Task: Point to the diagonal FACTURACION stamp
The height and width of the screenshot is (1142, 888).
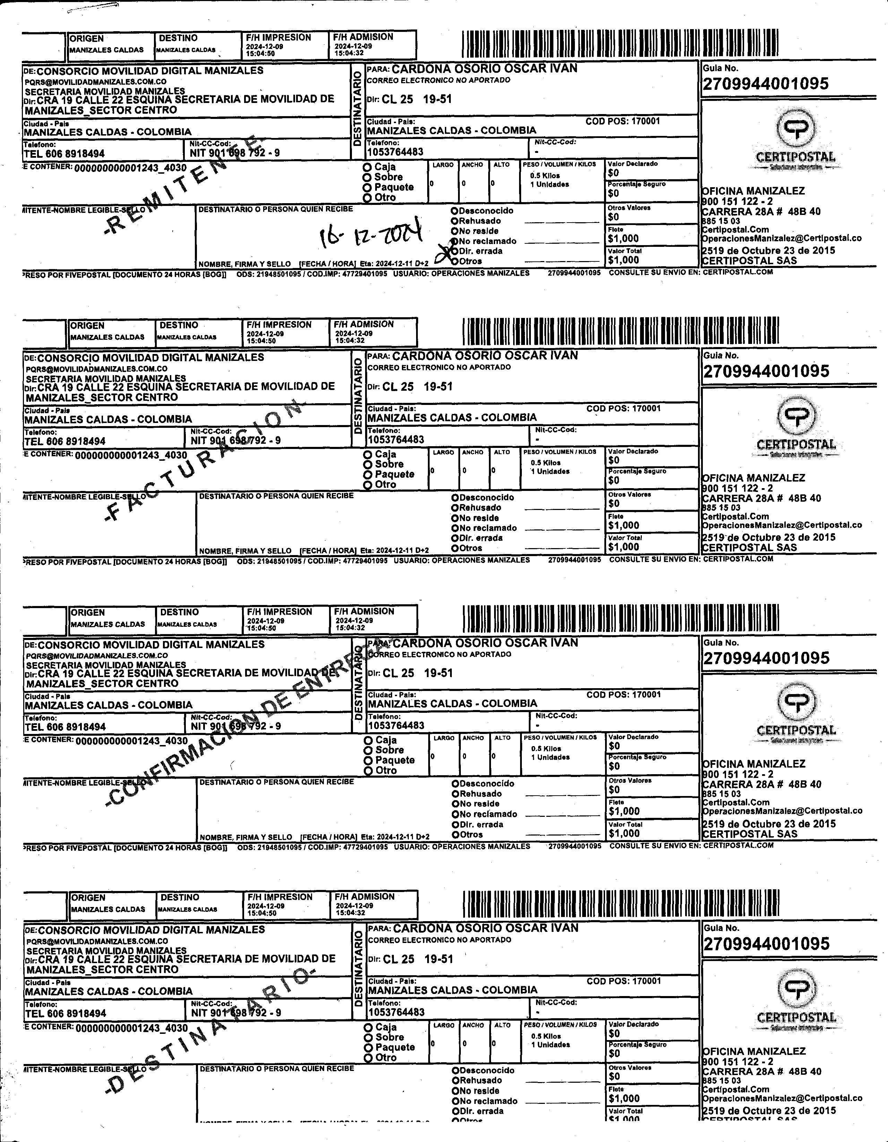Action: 204,460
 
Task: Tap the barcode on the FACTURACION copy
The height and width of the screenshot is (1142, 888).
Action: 620,331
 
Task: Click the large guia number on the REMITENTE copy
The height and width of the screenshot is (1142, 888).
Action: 766,84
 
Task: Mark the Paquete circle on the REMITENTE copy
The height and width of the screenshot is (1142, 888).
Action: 367,188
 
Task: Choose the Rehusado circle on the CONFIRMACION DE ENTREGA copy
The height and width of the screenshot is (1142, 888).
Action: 456,794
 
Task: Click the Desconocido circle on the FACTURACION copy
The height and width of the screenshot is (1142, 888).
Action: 455,497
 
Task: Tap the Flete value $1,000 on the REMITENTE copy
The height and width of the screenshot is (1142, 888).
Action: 623,239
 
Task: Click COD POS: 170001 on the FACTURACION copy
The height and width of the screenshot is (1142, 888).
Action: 623,408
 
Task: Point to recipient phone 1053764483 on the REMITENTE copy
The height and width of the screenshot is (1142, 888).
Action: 395,152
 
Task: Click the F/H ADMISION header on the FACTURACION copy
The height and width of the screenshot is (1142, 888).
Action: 363,324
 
